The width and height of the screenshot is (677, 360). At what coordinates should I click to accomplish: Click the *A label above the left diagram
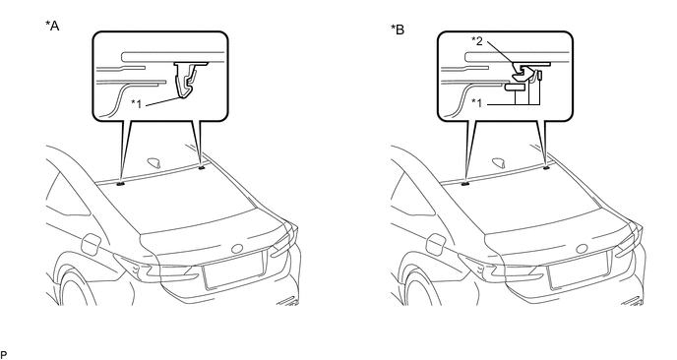click(x=52, y=26)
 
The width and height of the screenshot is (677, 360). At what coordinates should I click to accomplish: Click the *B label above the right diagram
click(x=398, y=30)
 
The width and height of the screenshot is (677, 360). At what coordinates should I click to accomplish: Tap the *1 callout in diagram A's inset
click(x=137, y=103)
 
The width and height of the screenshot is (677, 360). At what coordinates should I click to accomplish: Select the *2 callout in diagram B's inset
click(x=476, y=41)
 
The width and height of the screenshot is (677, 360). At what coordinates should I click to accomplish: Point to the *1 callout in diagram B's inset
click(x=476, y=102)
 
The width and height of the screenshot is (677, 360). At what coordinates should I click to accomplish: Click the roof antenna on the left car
click(x=155, y=162)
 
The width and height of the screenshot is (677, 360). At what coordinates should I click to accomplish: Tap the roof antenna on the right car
click(x=500, y=162)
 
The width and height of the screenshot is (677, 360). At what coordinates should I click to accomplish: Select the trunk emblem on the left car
click(x=237, y=249)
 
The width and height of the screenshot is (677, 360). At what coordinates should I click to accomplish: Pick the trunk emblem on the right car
click(x=583, y=249)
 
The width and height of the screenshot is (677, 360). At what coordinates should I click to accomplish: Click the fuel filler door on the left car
click(x=92, y=244)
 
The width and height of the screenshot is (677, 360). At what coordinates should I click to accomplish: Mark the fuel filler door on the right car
click(x=436, y=244)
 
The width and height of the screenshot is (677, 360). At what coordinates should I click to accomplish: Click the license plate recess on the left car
click(x=233, y=270)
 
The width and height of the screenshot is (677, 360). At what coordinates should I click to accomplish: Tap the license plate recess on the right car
click(x=579, y=270)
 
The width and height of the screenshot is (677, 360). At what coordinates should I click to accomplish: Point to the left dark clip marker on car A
click(x=120, y=184)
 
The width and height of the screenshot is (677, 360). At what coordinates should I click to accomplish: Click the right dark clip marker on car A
click(x=201, y=167)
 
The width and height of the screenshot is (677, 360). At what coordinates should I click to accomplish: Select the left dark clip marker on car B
click(x=465, y=184)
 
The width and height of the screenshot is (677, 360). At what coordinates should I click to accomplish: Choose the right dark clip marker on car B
click(x=546, y=167)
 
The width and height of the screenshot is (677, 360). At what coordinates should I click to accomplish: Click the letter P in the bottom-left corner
click(x=4, y=355)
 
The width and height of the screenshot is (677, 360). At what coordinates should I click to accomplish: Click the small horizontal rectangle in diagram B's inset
click(x=515, y=88)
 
